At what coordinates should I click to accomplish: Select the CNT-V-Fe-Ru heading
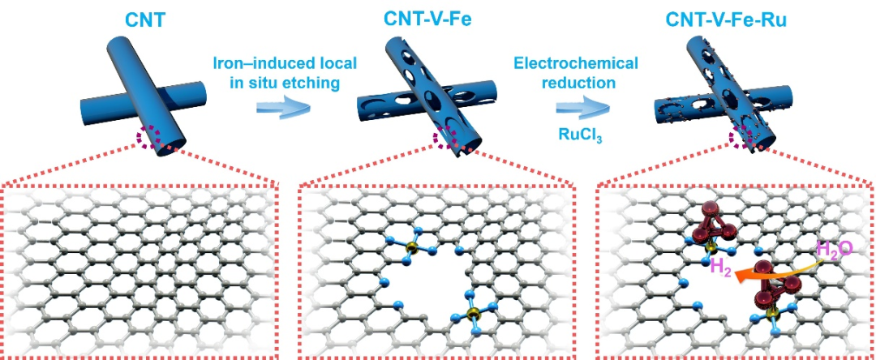735,17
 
